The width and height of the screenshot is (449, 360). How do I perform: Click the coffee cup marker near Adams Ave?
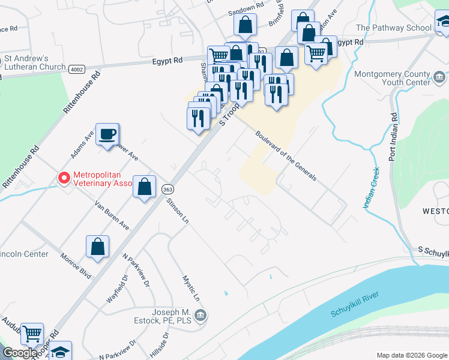click(x=107, y=134)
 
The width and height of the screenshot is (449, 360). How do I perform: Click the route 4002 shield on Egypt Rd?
click(x=76, y=69)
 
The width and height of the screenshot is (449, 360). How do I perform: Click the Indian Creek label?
click(x=371, y=187)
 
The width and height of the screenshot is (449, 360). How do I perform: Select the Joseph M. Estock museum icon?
click(x=201, y=315)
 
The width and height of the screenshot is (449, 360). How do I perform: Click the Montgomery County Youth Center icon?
click(x=439, y=76)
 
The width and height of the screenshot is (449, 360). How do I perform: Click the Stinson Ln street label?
click(x=178, y=211)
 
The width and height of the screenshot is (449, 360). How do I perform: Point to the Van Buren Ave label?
click(x=112, y=215)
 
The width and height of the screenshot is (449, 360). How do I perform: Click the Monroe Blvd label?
click(x=76, y=265)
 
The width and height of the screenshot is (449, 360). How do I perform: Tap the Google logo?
click(x=20, y=353)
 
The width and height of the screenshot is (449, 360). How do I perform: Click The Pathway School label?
click(x=394, y=28)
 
